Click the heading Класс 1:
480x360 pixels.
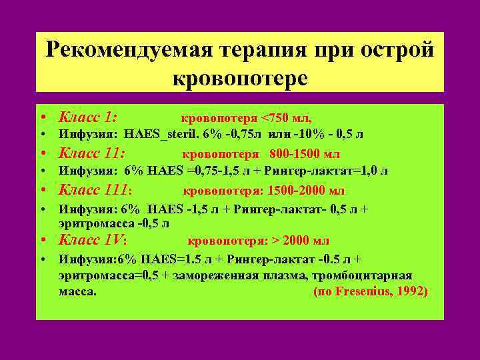88,117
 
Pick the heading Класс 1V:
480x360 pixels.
93,239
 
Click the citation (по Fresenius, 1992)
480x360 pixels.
370,292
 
